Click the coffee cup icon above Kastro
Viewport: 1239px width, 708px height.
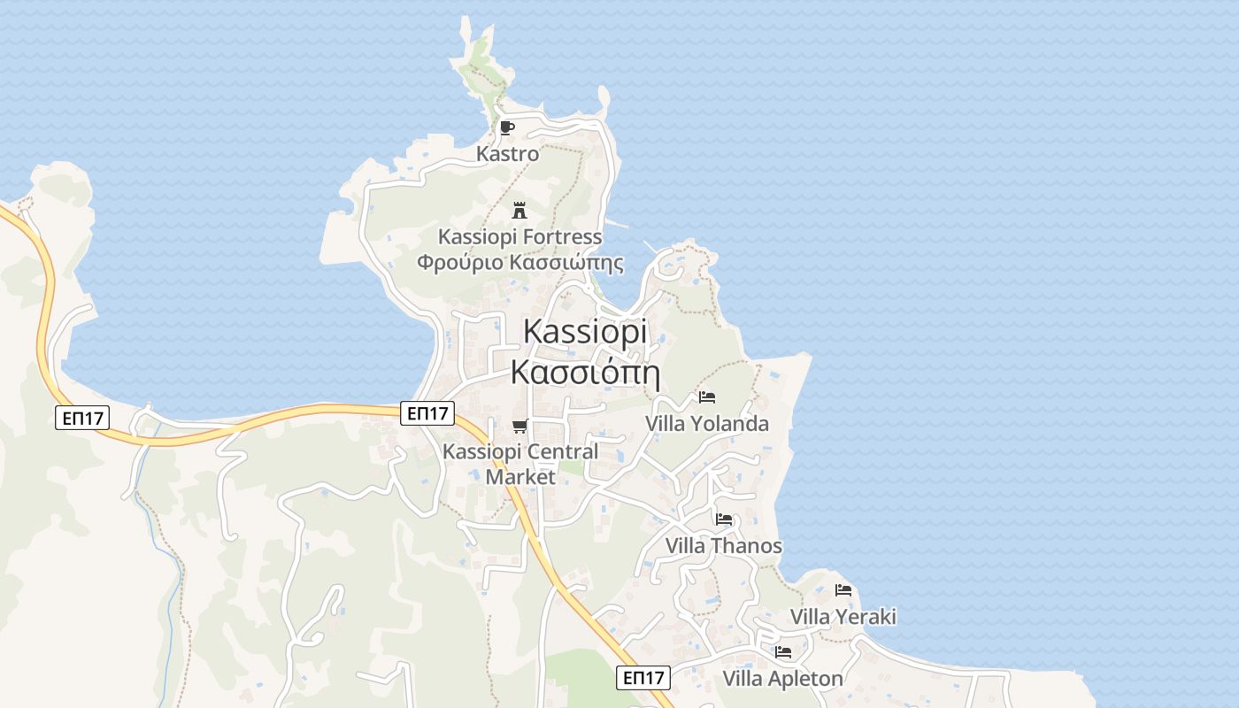(x=507, y=127)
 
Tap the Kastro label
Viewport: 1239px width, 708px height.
(x=507, y=154)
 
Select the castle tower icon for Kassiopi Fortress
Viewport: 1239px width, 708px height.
(x=519, y=211)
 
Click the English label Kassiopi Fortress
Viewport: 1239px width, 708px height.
(x=520, y=237)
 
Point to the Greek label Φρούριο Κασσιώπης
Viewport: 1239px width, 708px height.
(x=520, y=263)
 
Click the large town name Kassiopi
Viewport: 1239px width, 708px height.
(x=585, y=331)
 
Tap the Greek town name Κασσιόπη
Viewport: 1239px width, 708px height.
(x=585, y=372)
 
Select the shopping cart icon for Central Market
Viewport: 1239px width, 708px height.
(x=520, y=427)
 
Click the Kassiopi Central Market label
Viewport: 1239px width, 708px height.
(x=520, y=464)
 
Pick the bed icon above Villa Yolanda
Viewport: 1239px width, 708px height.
(x=706, y=397)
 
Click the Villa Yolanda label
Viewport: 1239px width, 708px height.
(x=707, y=424)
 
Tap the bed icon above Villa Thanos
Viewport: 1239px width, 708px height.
(x=724, y=519)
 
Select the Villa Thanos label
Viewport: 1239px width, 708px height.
(x=724, y=546)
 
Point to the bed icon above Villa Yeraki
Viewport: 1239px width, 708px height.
(x=843, y=590)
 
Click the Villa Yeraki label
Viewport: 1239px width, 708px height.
(x=843, y=617)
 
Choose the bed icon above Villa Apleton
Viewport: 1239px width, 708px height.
(x=783, y=653)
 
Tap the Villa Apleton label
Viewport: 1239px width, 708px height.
(x=783, y=679)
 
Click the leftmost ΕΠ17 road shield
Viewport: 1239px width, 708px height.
(x=82, y=418)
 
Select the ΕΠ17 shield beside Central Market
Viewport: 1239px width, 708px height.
(x=427, y=412)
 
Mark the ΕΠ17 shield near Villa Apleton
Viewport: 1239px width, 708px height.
(x=643, y=678)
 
